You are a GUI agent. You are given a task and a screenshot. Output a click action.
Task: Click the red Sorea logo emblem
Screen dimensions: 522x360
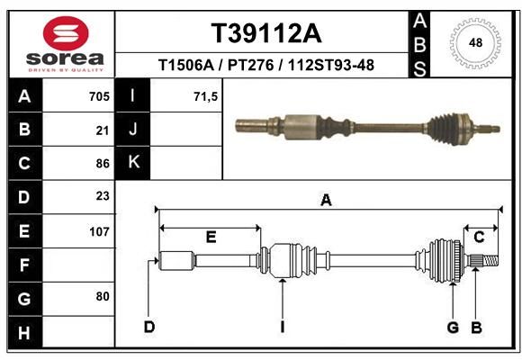click(x=66, y=33)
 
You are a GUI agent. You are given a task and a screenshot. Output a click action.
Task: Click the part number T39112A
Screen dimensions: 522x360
click(x=266, y=33)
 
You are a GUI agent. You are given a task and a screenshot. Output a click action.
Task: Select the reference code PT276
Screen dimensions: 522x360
click(x=251, y=65)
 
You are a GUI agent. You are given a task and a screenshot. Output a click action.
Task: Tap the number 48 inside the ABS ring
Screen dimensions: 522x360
click(x=475, y=42)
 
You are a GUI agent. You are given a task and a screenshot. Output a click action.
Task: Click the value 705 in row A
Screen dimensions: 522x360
click(x=99, y=96)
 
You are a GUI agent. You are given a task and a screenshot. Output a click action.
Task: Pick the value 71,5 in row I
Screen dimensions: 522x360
click(x=205, y=97)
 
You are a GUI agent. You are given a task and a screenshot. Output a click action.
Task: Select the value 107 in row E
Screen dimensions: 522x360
click(x=99, y=231)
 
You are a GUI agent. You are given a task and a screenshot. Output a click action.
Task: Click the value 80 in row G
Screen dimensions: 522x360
click(x=103, y=296)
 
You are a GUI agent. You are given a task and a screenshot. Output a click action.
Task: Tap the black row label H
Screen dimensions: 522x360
click(x=25, y=332)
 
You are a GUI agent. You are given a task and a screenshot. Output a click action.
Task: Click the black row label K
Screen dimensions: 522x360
click(x=133, y=163)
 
